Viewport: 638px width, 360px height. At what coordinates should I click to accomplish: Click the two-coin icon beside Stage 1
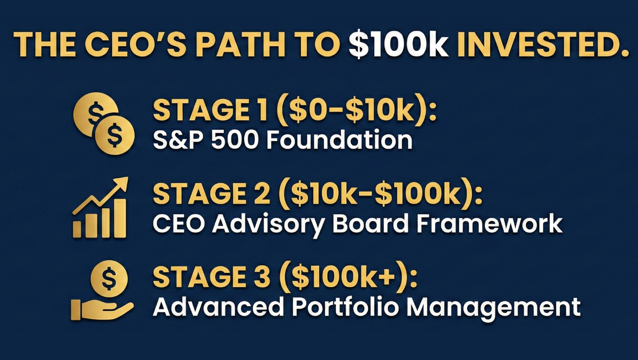104,123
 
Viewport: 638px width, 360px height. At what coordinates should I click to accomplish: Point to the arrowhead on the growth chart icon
121,183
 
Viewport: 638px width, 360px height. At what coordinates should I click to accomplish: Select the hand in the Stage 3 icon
102,309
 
